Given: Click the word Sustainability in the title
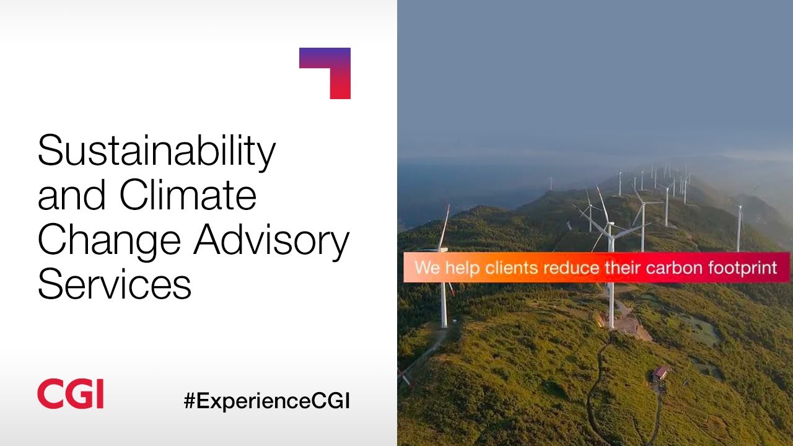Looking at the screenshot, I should pyautogui.click(x=156, y=152).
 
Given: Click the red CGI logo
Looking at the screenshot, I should pyautogui.click(x=70, y=394).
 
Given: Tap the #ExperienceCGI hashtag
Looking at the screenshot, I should pyautogui.click(x=267, y=401).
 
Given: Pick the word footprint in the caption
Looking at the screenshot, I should pyautogui.click(x=742, y=268).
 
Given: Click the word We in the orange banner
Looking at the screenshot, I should pyautogui.click(x=426, y=268).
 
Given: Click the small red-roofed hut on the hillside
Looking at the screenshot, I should pyautogui.click(x=660, y=372).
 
